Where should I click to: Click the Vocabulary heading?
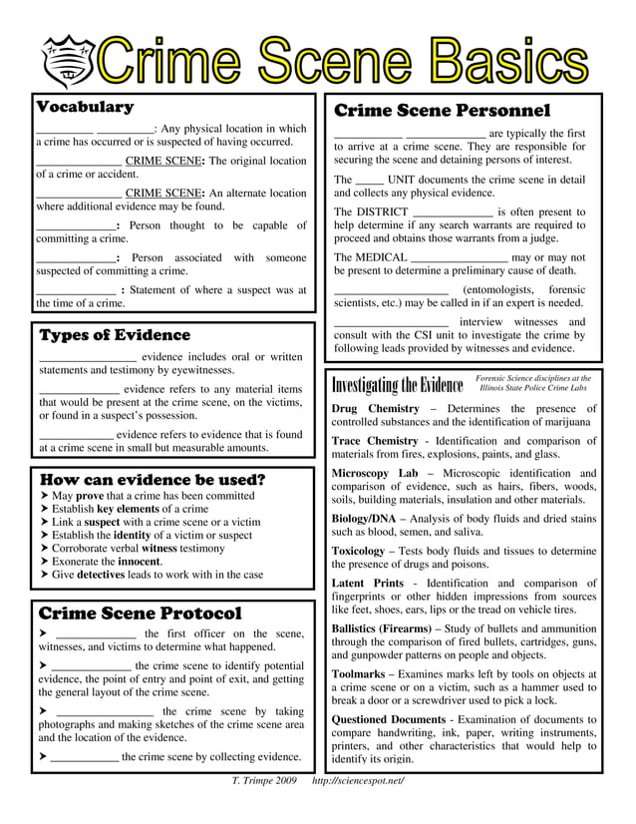click(85, 107)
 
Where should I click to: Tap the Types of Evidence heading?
click(114, 335)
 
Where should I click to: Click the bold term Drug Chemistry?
click(375, 409)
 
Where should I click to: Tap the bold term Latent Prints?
click(367, 583)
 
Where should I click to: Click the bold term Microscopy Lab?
click(374, 473)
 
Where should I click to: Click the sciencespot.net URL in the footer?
click(358, 779)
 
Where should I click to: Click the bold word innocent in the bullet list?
click(133, 561)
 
